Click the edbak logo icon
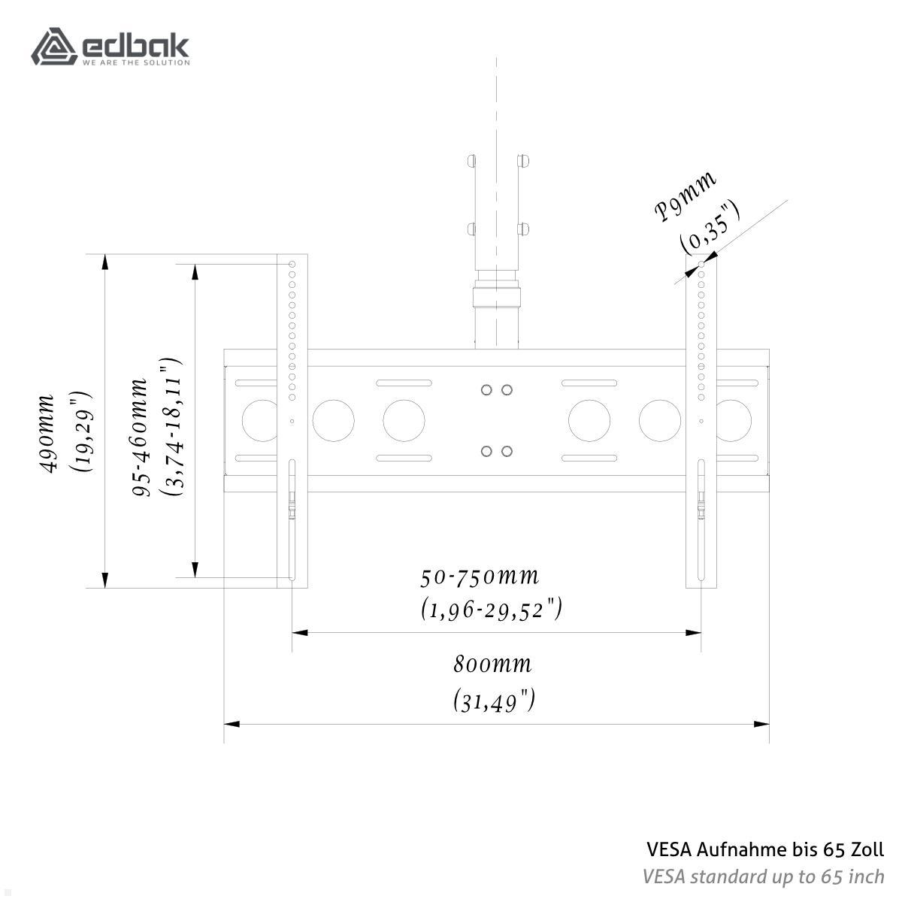(54, 47)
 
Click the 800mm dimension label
(492, 665)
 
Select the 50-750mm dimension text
(480, 577)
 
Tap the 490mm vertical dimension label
(47, 433)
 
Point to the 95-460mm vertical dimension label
(140, 437)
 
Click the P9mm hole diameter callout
(685, 198)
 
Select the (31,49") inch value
(494, 701)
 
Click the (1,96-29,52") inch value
(492, 610)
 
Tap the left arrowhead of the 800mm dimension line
(232, 724)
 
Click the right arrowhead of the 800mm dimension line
(762, 724)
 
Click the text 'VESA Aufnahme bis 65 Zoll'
(765, 849)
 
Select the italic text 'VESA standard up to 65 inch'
(763, 876)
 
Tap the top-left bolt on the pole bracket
(471, 161)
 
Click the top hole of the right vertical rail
(701, 265)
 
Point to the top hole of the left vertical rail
(292, 265)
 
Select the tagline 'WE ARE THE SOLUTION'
(135, 62)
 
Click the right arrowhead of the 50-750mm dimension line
(694, 633)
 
